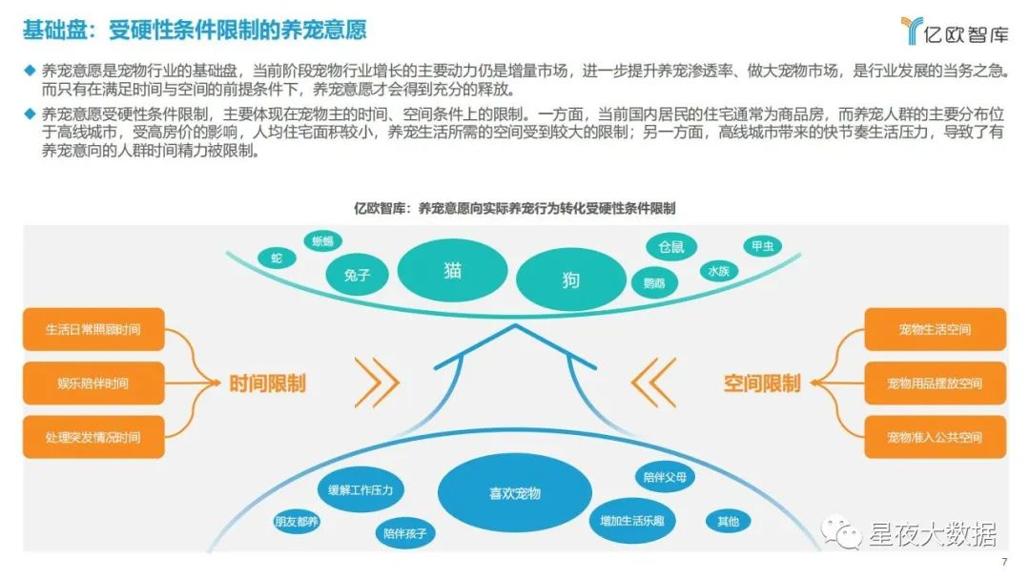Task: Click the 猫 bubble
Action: [453, 270]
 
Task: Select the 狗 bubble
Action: [570, 280]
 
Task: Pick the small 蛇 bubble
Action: [277, 258]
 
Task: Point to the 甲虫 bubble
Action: [762, 246]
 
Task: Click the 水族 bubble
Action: [717, 271]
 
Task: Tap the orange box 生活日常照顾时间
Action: [93, 329]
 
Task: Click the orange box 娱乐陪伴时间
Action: [93, 383]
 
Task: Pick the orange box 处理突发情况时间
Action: [93, 437]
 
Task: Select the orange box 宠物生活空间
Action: [935, 329]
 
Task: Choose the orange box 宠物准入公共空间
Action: [935, 437]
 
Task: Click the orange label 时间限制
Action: [268, 383]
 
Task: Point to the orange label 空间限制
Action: [762, 383]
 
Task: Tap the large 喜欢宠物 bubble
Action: [515, 493]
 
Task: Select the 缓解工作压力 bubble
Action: [366, 490]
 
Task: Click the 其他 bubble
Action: [728, 521]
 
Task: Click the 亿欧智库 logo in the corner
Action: [954, 32]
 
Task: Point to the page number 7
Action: [1004, 562]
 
